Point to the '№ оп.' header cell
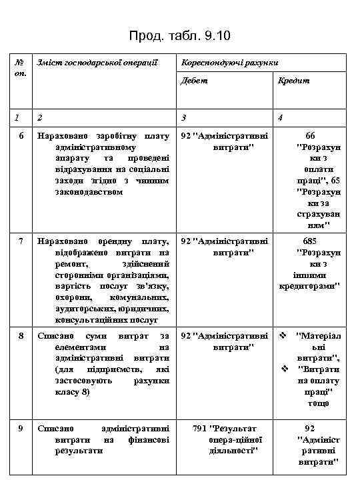[x=19, y=67]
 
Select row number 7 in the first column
[x=21, y=241]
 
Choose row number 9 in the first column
[x=21, y=428]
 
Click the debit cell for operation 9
[x=225, y=439]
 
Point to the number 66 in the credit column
[x=310, y=135]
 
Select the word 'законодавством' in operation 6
[x=88, y=192]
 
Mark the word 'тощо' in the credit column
[x=318, y=403]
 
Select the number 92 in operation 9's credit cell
[x=309, y=428]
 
